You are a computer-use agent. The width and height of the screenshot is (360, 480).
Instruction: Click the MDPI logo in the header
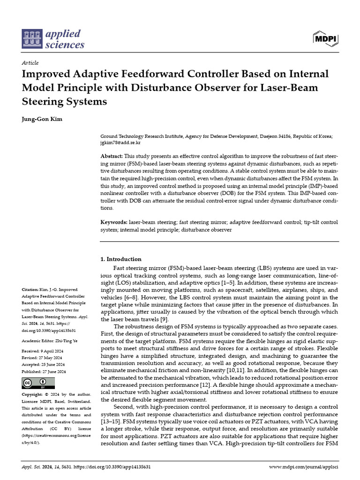[x=325, y=38]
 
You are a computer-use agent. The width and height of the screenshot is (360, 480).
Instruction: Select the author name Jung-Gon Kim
[x=42, y=119]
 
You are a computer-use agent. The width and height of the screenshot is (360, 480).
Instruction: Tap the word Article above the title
[x=30, y=63]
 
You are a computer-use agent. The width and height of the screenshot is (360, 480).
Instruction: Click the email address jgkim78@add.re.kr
[x=120, y=142]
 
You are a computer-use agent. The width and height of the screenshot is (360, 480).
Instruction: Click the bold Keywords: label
[x=114, y=222]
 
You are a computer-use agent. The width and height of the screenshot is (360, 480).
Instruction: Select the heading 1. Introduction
[x=121, y=259]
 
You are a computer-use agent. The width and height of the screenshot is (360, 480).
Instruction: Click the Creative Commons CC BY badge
[x=35, y=383]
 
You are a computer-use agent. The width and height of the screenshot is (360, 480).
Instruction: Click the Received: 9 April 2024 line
[x=43, y=351]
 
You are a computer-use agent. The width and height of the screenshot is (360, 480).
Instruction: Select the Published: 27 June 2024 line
[x=44, y=371]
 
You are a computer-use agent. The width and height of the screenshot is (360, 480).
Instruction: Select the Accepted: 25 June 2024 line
[x=44, y=364]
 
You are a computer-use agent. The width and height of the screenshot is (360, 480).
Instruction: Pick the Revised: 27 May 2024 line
[x=43, y=358]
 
